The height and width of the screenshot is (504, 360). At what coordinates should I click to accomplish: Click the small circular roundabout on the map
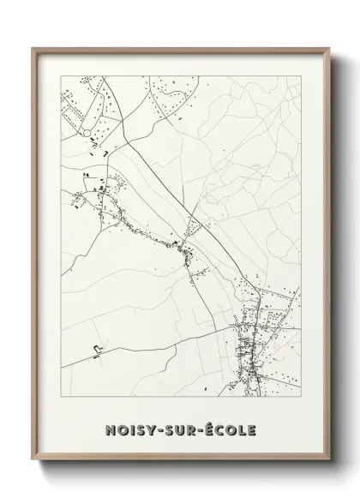tap(87, 131)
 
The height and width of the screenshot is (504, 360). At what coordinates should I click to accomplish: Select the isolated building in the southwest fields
tap(97, 348)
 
